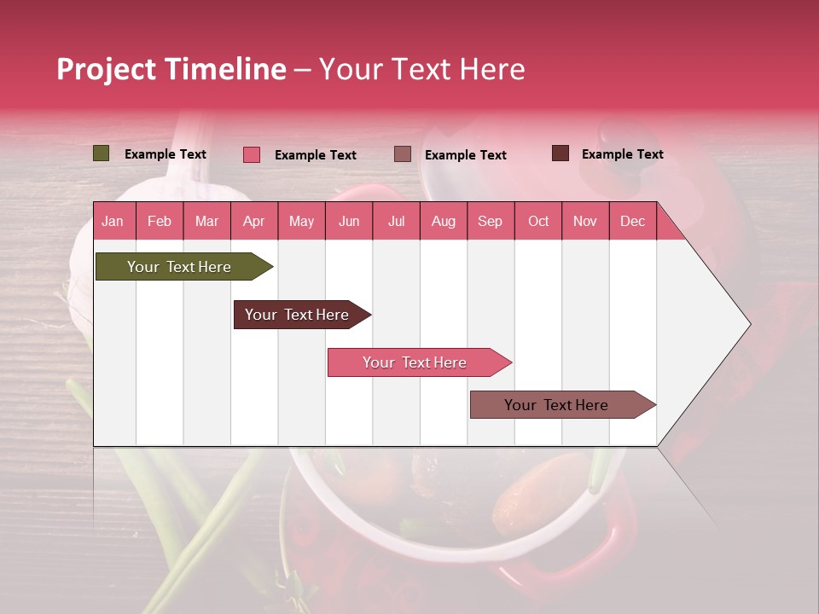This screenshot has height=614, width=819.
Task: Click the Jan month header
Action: click(x=113, y=221)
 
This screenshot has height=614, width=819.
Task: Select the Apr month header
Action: click(x=253, y=221)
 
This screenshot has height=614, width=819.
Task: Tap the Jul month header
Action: click(x=396, y=221)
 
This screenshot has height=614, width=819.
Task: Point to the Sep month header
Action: click(x=490, y=221)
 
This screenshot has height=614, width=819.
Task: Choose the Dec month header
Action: click(x=632, y=221)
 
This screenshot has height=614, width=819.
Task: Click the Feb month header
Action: click(x=160, y=221)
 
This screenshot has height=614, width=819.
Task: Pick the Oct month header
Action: click(x=538, y=221)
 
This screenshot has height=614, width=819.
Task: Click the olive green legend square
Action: click(x=102, y=153)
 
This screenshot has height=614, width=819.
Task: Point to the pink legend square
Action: click(x=252, y=154)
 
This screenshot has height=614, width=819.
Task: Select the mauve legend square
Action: click(x=403, y=154)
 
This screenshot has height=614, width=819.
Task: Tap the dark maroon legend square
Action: click(x=561, y=153)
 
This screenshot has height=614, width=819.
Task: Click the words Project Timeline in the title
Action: click(x=171, y=69)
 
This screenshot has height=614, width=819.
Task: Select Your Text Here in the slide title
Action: click(x=421, y=69)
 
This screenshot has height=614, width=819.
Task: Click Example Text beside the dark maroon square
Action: click(x=622, y=154)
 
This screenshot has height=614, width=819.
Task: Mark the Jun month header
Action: click(x=349, y=221)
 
